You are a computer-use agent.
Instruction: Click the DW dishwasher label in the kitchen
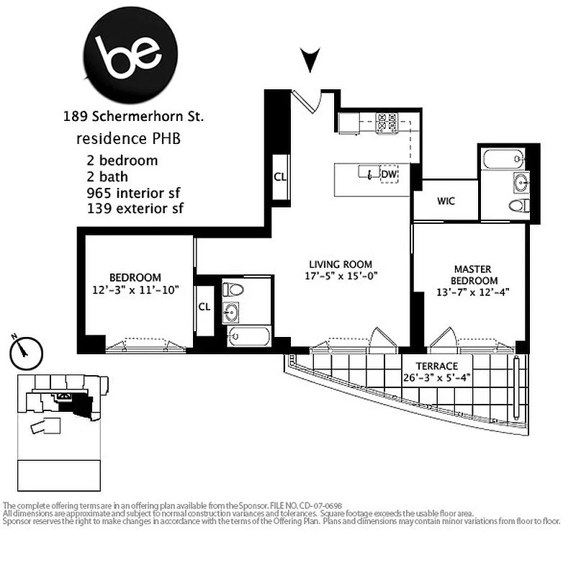pyautogui.click(x=389, y=174)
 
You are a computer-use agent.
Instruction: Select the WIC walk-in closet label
pyautogui.click(x=446, y=202)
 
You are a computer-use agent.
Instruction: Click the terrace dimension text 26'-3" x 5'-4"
pyautogui.click(x=438, y=377)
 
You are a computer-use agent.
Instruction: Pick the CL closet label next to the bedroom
pyautogui.click(x=204, y=306)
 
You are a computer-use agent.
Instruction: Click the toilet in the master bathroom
pyautogui.click(x=518, y=207)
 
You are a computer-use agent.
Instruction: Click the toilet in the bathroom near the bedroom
pyautogui.click(x=233, y=290)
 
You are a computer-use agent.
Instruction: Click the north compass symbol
pyautogui.click(x=27, y=351)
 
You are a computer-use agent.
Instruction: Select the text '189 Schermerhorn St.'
pyautogui.click(x=133, y=116)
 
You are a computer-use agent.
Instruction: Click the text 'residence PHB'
pyautogui.click(x=128, y=138)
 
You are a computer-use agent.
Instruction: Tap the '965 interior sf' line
pyautogui.click(x=132, y=193)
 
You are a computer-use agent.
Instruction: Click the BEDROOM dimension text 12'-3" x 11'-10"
pyautogui.click(x=135, y=289)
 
